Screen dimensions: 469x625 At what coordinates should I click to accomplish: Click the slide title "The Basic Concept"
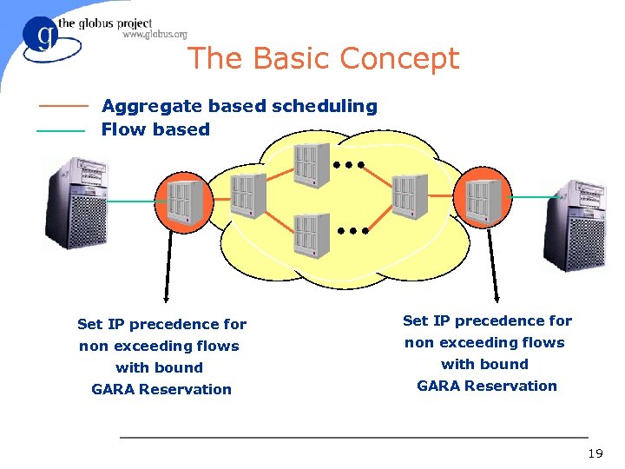[322, 58]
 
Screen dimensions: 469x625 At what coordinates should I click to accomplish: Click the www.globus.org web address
[155, 35]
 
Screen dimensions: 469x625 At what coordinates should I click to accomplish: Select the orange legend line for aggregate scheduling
[62, 106]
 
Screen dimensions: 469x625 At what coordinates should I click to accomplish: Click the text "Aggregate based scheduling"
[239, 106]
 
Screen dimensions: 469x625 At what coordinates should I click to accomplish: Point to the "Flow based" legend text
[155, 129]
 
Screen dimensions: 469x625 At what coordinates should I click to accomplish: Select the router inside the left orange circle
[185, 199]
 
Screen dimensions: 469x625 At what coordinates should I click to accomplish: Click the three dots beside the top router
[347, 164]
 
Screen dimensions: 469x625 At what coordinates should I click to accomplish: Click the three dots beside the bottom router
[354, 231]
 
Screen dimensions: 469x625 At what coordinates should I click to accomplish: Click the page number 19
[595, 453]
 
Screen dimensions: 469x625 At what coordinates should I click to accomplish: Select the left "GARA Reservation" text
[161, 389]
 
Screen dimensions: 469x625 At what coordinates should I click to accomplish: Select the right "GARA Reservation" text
[487, 386]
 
